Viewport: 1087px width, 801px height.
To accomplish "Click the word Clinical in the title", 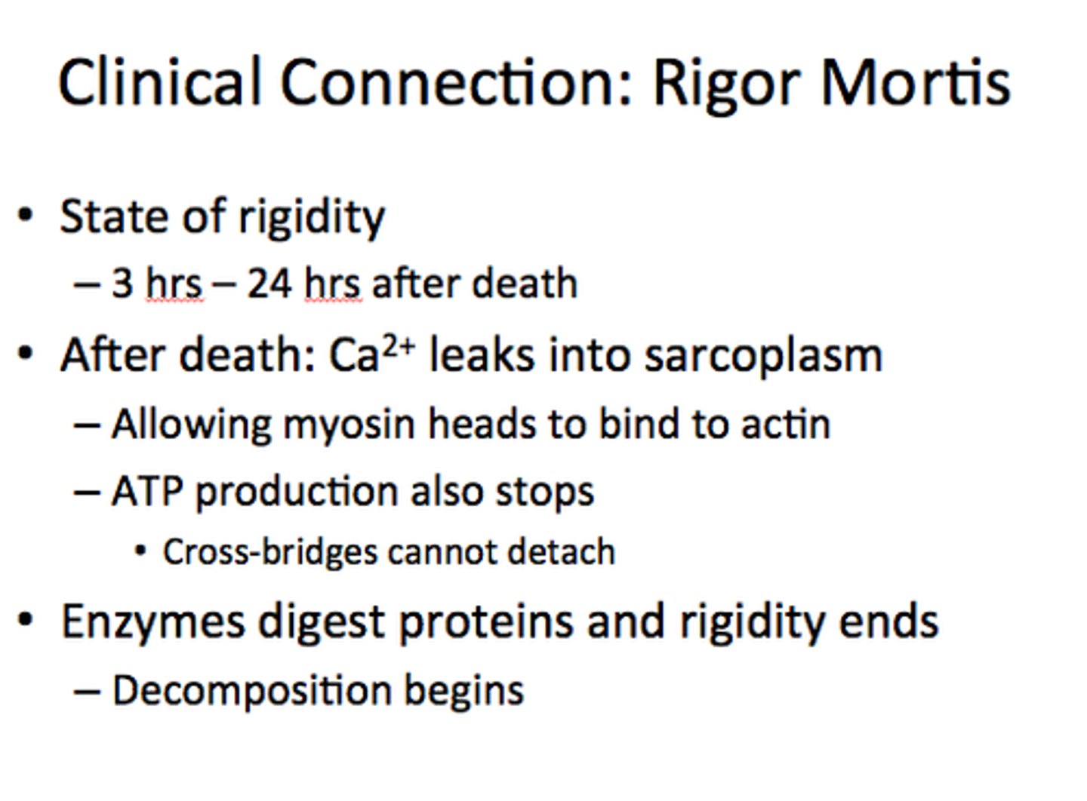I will pyautogui.click(x=160, y=81).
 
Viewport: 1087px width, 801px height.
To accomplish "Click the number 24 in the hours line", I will pyautogui.click(x=269, y=284).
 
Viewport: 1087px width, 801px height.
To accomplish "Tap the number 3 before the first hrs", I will pyautogui.click(x=122, y=284).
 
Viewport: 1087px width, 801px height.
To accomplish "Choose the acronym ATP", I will pyautogui.click(x=146, y=492).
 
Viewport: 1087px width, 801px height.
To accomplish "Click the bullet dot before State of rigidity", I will pyautogui.click(x=26, y=216).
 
